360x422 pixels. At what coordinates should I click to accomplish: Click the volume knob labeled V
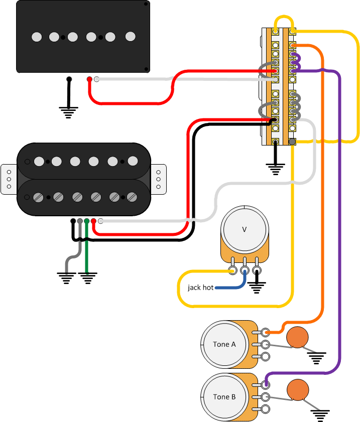pos(245,229)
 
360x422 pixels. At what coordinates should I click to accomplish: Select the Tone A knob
pos(224,344)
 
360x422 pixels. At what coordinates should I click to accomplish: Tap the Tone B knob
pos(224,396)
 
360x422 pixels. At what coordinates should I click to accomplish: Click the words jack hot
pos(201,288)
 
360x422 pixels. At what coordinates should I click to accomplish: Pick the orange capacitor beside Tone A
pos(298,337)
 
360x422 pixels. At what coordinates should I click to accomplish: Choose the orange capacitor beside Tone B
pos(298,390)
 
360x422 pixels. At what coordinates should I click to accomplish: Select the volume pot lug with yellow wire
pos(233,271)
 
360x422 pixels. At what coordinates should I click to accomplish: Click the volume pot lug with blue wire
pos(245,271)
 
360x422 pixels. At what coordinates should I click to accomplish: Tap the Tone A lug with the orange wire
pos(265,332)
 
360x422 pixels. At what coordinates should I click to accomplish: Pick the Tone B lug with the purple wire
pos(265,384)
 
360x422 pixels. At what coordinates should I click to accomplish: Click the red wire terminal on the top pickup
pos(89,79)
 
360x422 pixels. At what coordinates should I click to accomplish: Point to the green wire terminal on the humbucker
pos(87,221)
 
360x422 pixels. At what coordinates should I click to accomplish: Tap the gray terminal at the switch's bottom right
pos(292,142)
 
